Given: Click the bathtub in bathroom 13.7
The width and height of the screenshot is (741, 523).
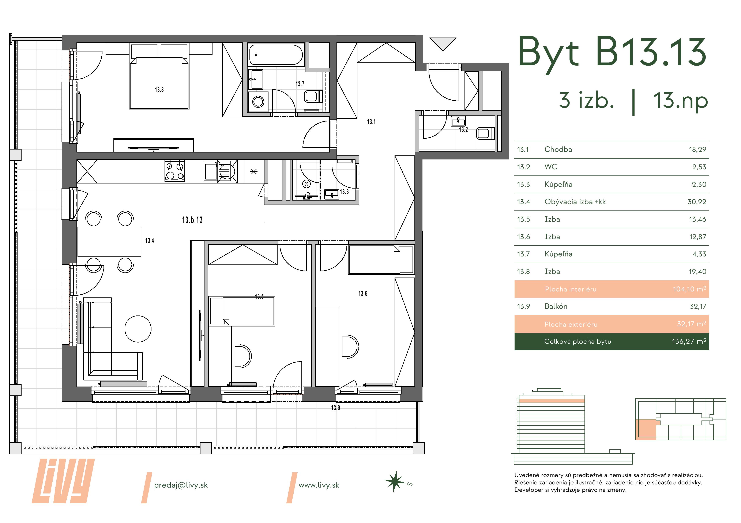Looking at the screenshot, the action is (x=276, y=55).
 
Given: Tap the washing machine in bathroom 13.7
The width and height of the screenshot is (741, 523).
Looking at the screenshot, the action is (x=258, y=101).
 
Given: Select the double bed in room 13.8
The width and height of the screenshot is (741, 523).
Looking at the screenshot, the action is (x=159, y=83).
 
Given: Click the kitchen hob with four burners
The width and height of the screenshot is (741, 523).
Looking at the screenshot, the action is (x=175, y=171).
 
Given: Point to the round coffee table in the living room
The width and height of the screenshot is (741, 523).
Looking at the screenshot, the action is (x=138, y=329).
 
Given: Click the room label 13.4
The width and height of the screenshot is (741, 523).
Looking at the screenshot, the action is (x=149, y=241).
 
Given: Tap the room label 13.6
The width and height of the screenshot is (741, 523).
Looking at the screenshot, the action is (x=363, y=294).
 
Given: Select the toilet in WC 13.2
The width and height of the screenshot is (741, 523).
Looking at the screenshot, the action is (x=485, y=133).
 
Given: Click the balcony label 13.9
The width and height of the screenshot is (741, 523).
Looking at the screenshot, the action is (x=336, y=408).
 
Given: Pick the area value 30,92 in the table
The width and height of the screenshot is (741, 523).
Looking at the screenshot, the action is (x=697, y=202).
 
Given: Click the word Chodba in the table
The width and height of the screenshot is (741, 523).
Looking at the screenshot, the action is (x=558, y=150).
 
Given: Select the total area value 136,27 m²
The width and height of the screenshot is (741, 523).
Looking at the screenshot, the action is (x=689, y=341).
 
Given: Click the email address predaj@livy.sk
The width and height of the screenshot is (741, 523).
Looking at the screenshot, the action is (x=181, y=485).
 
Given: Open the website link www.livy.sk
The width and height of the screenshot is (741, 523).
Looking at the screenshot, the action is (x=319, y=485).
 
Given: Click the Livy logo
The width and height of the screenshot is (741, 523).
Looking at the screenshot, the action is (x=63, y=481).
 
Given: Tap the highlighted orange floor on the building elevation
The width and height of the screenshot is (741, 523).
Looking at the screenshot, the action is (x=552, y=401).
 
